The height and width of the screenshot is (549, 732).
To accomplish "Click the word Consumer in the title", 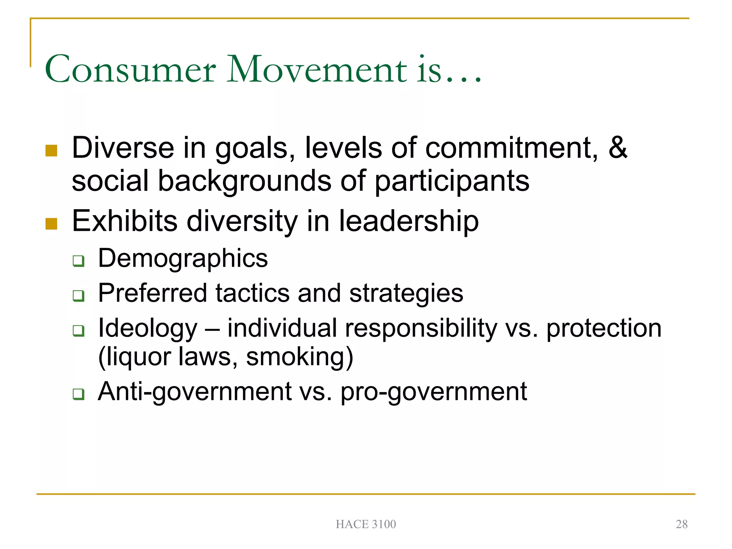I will (130, 69).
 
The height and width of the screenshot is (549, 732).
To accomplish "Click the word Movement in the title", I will (317, 69).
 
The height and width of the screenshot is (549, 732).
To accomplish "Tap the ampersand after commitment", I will (618, 148).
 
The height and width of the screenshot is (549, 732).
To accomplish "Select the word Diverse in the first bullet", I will (123, 148).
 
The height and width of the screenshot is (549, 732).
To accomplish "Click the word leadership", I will (409, 221).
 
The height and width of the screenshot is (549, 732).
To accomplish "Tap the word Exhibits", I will (125, 221).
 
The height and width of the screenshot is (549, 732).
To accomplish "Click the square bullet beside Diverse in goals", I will (51, 150).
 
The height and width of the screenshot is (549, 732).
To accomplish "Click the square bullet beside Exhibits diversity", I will (51, 224).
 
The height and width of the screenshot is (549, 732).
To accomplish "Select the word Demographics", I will (183, 258).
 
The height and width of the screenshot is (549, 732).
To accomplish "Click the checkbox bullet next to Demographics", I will (78, 261).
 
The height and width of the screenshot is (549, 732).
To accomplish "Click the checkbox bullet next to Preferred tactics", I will (78, 296).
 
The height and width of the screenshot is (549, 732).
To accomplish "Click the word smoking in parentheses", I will (299, 357).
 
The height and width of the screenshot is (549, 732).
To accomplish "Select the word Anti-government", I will (194, 392).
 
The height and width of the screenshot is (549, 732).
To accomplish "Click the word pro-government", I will (434, 392).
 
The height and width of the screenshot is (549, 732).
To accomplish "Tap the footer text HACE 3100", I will (366, 524).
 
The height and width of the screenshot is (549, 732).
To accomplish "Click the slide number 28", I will (681, 524).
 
